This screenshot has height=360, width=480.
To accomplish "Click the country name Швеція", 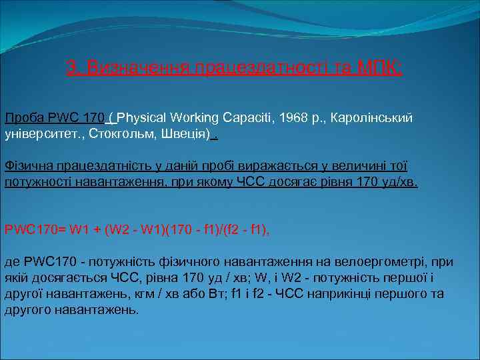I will click(x=185, y=134).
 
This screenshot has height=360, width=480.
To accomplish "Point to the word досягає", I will click(x=287, y=182).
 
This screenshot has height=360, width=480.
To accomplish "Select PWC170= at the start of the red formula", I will click(x=33, y=230).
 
